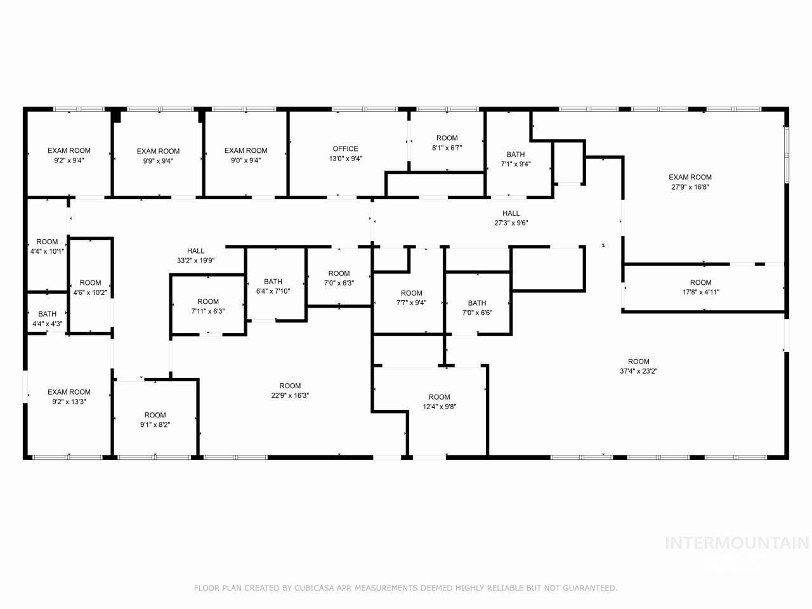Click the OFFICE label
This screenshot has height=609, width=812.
click(x=346, y=149)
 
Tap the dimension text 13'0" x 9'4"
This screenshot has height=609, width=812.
click(x=346, y=159)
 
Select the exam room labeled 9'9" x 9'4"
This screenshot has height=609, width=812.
click(x=159, y=156)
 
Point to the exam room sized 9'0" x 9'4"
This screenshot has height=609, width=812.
click(x=246, y=155)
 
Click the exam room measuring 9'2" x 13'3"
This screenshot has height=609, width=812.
click(x=69, y=396)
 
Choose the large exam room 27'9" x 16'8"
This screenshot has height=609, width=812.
click(x=690, y=182)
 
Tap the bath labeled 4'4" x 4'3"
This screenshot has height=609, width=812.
click(x=47, y=318)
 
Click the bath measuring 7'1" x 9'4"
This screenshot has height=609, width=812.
click(x=516, y=159)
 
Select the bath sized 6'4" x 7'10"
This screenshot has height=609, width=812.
click(x=273, y=286)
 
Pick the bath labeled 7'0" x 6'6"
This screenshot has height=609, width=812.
click(x=477, y=308)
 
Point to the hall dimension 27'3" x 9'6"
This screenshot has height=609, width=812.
click(x=511, y=223)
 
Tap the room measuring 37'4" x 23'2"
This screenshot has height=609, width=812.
click(x=639, y=367)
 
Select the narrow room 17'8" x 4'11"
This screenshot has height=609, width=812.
click(x=701, y=287)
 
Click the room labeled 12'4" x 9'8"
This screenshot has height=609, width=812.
click(x=439, y=402)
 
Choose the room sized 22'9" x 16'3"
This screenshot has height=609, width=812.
click(x=290, y=390)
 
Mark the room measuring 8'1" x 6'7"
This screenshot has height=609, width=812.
click(x=447, y=143)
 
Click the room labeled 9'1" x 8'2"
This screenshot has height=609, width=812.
click(x=155, y=420)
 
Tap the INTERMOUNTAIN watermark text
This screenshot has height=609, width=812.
click(x=737, y=543)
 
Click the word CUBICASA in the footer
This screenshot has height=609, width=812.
click(x=310, y=588)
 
